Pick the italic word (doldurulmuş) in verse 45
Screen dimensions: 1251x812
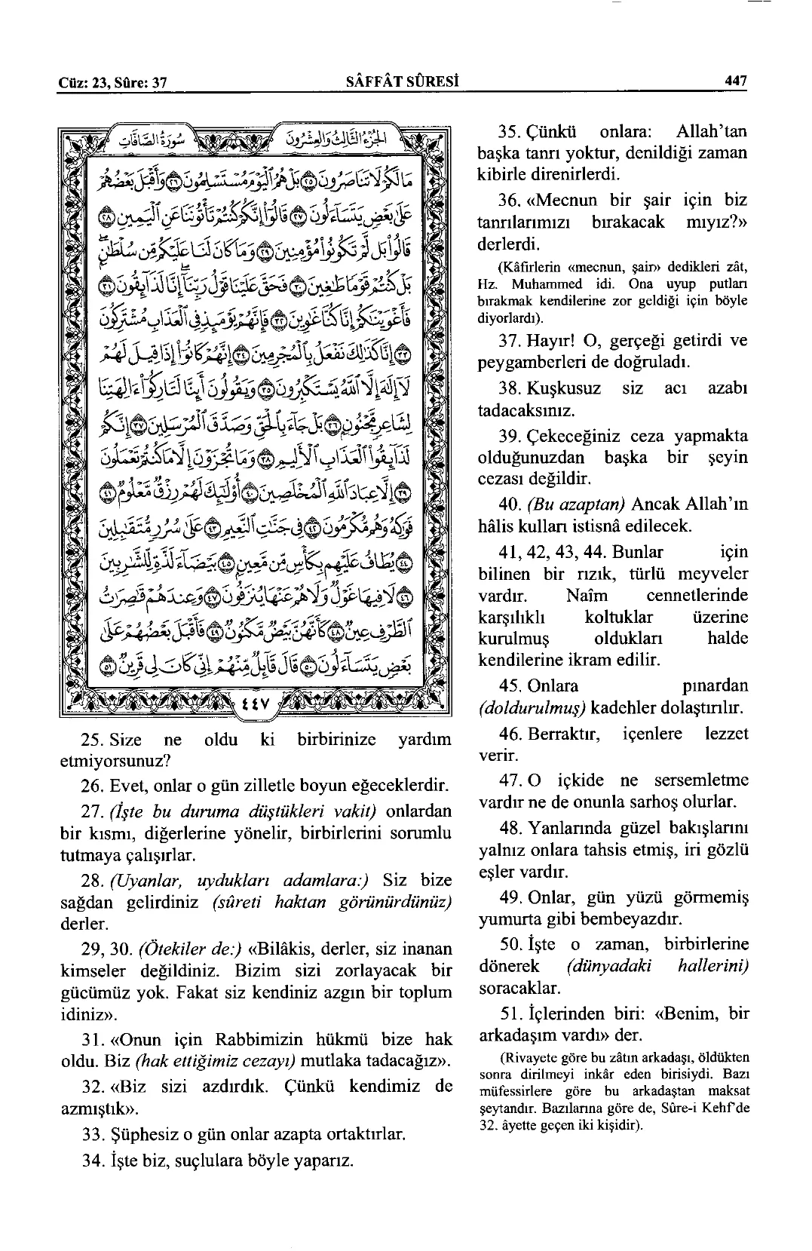[x=532, y=708]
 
